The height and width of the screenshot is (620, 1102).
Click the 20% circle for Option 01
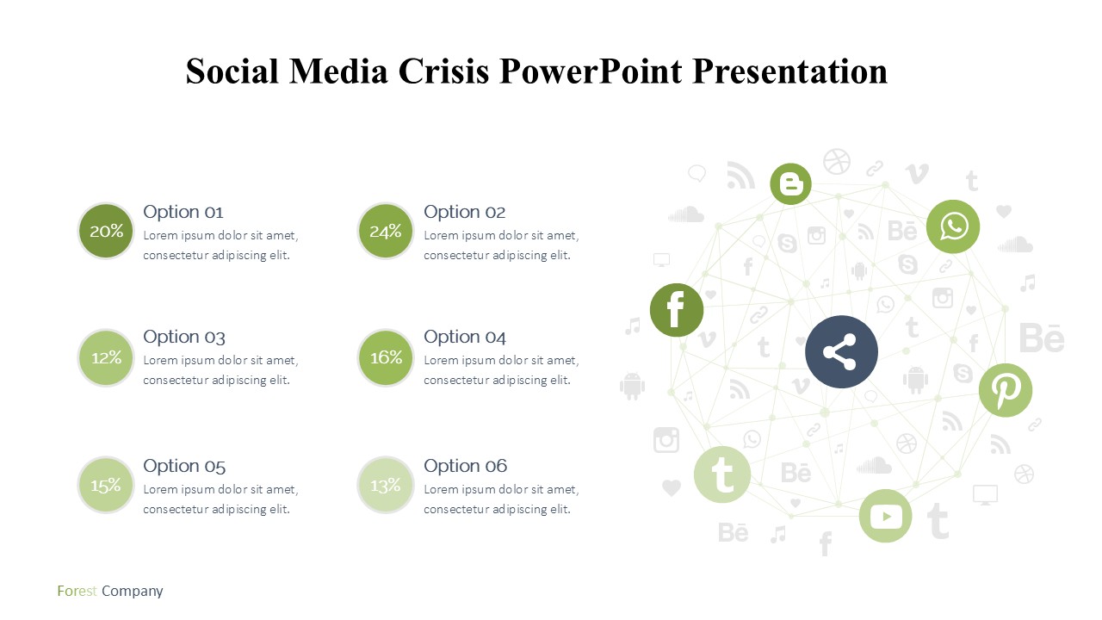(x=106, y=231)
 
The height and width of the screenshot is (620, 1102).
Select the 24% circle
(x=385, y=231)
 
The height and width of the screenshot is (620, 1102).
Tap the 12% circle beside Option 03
(x=106, y=357)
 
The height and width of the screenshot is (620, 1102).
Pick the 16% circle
(x=385, y=357)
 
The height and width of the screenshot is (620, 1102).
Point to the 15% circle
(x=106, y=485)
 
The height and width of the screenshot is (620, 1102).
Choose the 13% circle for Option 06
(x=385, y=485)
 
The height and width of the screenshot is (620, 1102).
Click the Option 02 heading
(x=464, y=212)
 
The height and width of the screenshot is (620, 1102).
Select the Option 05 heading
(x=184, y=466)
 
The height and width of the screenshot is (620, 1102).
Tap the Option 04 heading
(x=464, y=337)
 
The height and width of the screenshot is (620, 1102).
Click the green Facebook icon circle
(x=677, y=310)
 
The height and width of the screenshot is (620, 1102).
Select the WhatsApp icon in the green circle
(x=953, y=226)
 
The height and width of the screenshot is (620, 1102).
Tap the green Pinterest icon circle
(x=1006, y=390)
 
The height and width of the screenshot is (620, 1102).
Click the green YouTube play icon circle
(x=886, y=516)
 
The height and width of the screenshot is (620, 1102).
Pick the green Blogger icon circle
(x=790, y=183)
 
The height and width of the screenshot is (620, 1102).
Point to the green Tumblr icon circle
(x=722, y=474)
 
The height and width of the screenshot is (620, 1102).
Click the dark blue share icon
(x=841, y=352)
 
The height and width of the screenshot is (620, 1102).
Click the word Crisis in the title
(x=443, y=71)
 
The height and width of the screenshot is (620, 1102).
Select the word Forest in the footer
(x=77, y=591)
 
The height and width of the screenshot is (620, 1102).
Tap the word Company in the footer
(x=133, y=591)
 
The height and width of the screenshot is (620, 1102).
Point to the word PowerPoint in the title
(x=591, y=71)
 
